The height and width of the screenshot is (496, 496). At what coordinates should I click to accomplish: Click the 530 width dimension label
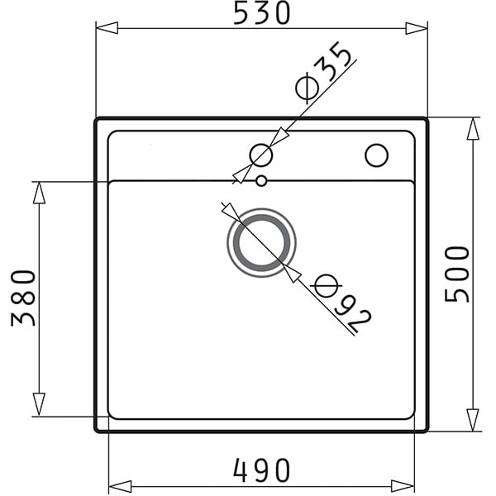[261, 13]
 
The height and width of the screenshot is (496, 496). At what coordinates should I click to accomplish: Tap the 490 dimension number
[261, 470]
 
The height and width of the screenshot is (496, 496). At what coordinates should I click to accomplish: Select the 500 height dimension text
[457, 274]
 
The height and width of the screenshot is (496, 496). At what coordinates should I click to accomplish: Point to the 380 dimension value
[23, 298]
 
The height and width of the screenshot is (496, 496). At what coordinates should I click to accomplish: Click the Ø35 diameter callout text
[323, 73]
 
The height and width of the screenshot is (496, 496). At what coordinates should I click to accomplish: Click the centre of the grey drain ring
[261, 242]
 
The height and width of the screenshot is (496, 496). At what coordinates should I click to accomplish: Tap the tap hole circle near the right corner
[376, 155]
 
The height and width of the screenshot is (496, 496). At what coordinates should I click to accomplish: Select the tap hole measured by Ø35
[261, 155]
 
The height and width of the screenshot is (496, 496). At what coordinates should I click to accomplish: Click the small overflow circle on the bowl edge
[261, 181]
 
